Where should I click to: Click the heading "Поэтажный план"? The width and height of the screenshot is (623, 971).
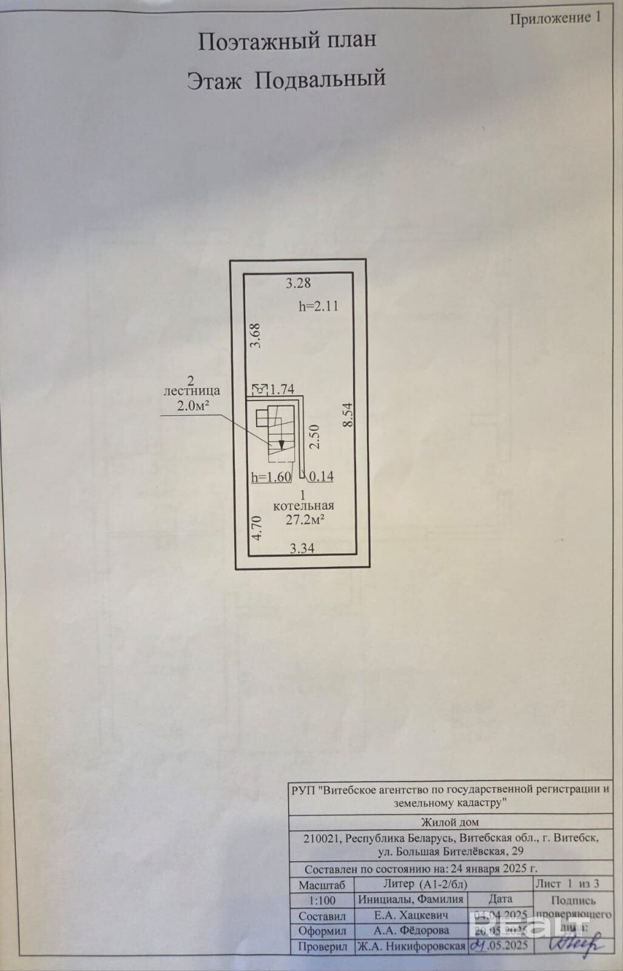point(288,41)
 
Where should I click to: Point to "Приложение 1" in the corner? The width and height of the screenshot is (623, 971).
point(555,18)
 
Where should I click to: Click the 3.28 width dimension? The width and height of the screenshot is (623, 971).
point(298,282)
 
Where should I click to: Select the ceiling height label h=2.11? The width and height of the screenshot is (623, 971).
point(318,306)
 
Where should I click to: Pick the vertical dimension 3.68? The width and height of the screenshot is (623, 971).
point(255,335)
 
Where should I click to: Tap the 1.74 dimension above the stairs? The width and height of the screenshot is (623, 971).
point(282,389)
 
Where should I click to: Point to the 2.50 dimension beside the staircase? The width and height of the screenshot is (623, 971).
point(314,436)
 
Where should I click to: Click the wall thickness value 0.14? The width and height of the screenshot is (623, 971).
point(322,476)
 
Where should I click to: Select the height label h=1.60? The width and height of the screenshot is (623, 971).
point(271,477)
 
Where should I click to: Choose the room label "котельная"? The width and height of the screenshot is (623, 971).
point(304,506)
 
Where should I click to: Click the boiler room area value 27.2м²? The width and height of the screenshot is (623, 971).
point(305,519)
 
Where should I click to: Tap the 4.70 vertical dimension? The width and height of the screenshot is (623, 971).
point(257,527)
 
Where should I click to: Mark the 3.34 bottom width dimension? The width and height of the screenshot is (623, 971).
point(302,549)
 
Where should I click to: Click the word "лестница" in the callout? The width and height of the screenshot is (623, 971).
point(192,392)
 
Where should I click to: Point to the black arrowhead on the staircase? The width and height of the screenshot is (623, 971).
point(281,444)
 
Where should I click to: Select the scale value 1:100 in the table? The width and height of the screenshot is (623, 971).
point(322,900)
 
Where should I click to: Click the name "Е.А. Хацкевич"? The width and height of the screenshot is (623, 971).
point(411,915)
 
